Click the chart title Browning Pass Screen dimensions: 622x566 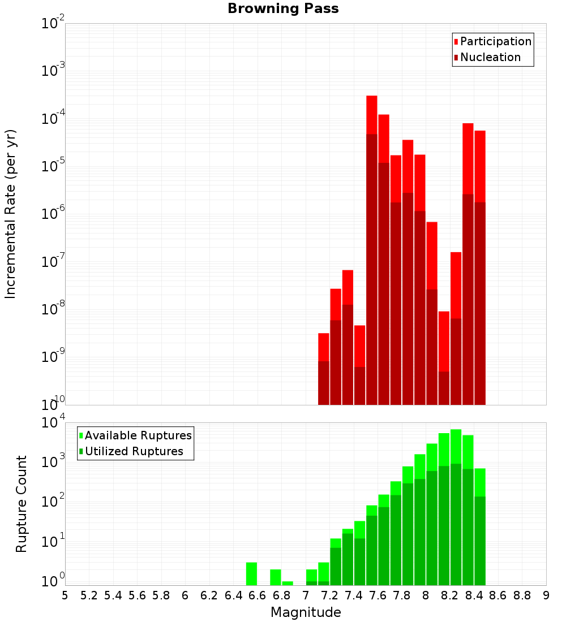pos(283,8)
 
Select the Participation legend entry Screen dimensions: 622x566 pos(495,41)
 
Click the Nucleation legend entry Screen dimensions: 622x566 pos(490,57)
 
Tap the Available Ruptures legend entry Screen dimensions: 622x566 pos(138,435)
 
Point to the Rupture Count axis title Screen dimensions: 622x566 pos(22,503)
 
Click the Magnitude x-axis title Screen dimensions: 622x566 pos(306,612)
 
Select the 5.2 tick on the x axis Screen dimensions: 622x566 pos(89,595)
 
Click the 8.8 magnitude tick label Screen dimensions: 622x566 pos(522,595)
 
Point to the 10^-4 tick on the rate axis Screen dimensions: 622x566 pos(53,119)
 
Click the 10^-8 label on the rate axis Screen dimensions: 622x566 pos(53,309)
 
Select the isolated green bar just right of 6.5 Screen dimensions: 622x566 pos(251,573)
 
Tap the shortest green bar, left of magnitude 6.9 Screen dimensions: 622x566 pos(288,583)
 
